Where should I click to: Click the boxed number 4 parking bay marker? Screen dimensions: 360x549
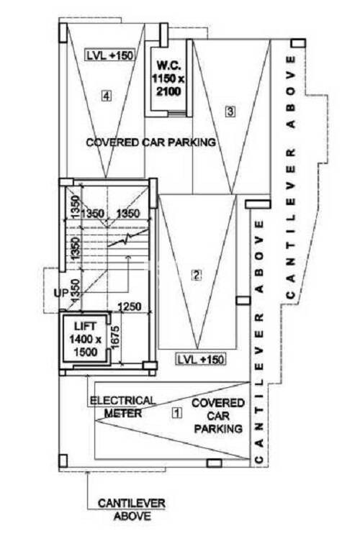pos(107,96)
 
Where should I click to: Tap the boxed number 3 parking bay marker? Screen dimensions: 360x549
pos(230,112)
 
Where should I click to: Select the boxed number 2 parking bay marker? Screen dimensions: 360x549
pos(197,275)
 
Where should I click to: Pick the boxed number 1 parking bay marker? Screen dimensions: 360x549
pos(177,413)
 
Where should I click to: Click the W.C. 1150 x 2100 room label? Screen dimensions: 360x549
pos(168,78)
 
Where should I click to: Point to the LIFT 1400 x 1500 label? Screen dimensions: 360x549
pos(85,340)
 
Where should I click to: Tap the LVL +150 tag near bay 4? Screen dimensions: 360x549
pos(110,55)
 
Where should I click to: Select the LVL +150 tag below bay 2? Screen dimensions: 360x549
pos(201,359)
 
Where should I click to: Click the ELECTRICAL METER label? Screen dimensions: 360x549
pos(122,407)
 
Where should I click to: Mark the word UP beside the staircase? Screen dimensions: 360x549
pos(61,293)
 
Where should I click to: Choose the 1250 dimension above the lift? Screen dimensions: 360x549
pos(129,307)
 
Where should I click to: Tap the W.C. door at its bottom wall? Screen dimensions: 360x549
pos(177,114)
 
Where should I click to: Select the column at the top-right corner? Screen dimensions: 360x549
pos(298,42)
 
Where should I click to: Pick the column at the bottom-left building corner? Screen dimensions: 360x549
pos(63,460)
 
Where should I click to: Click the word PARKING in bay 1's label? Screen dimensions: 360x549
pos(218,429)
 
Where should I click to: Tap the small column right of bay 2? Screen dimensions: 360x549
pos(243,301)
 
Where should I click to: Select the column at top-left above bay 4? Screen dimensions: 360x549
pos(63,32)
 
